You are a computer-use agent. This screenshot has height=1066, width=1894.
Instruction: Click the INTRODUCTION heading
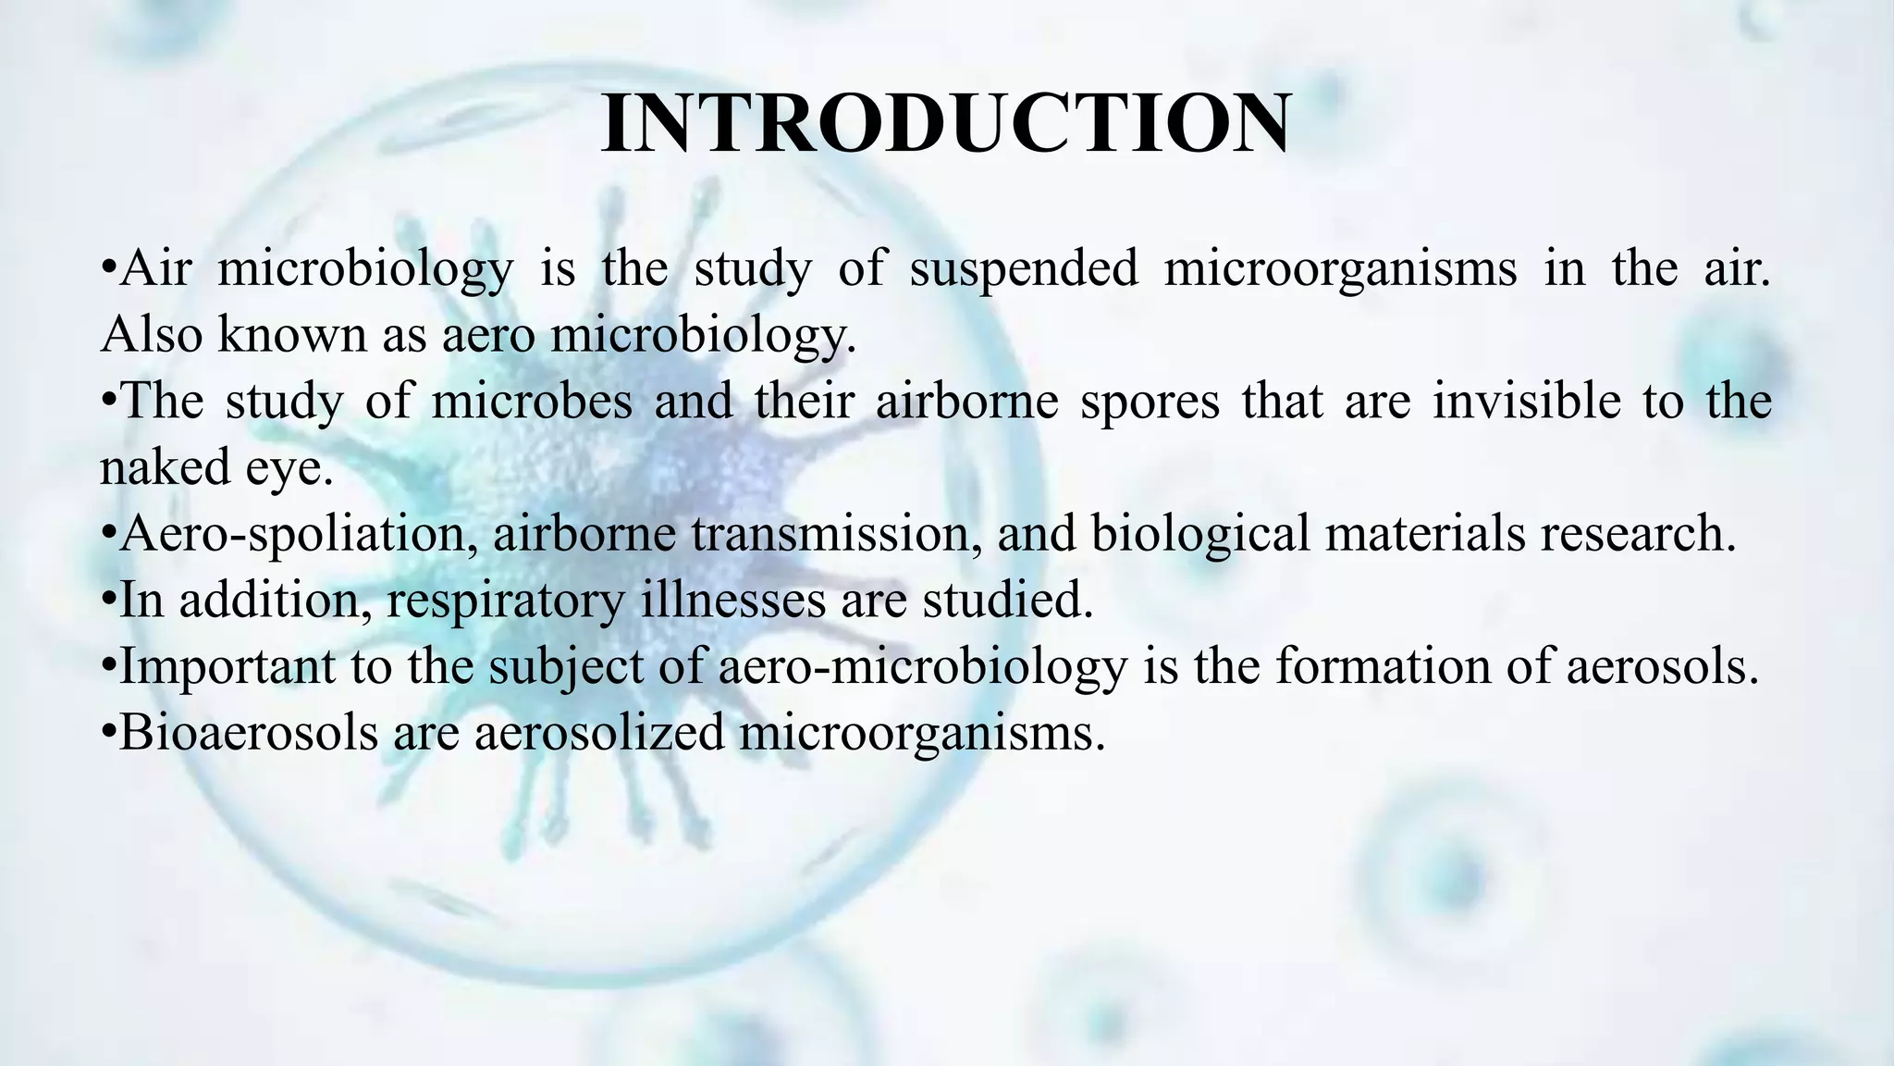pos(945,125)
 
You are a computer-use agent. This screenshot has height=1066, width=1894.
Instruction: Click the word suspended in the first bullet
pos(1024,269)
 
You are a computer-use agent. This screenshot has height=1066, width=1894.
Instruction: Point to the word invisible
pos(1527,402)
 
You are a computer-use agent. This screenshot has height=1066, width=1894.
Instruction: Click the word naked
pos(165,467)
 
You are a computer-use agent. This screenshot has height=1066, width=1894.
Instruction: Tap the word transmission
pos(836,535)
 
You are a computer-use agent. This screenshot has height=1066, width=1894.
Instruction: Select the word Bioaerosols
pos(249,733)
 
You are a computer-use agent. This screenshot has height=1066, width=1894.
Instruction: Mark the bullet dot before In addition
pos(108,602)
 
